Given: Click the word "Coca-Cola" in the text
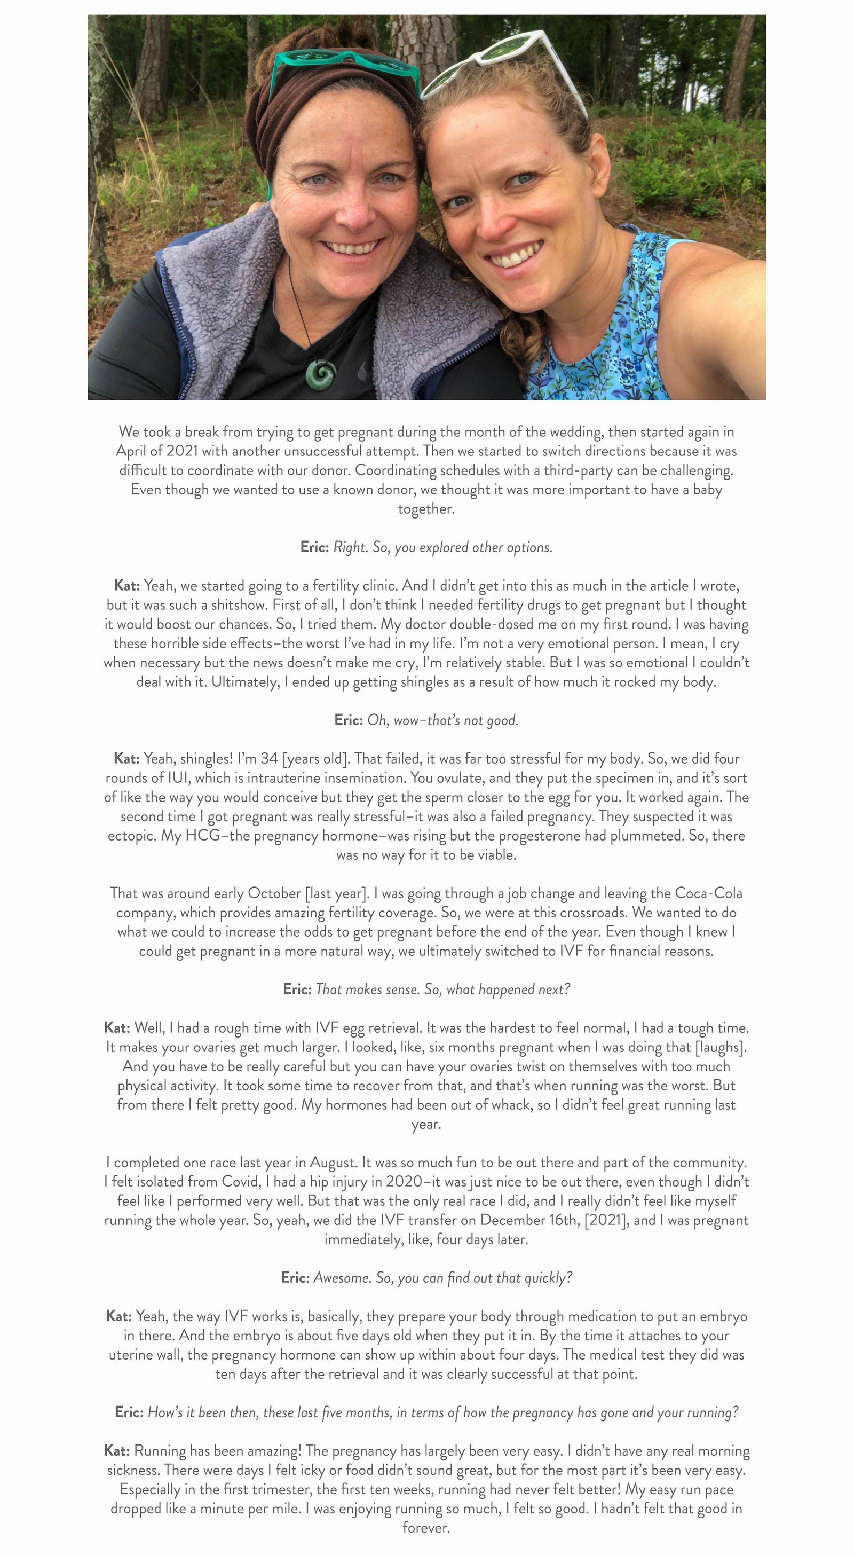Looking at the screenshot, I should tap(708, 893).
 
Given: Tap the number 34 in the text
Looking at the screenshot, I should tap(269, 759).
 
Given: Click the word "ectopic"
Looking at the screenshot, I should tap(132, 836).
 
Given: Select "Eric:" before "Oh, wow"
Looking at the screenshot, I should tap(348, 720).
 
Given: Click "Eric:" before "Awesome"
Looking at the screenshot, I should tap(295, 1278).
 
